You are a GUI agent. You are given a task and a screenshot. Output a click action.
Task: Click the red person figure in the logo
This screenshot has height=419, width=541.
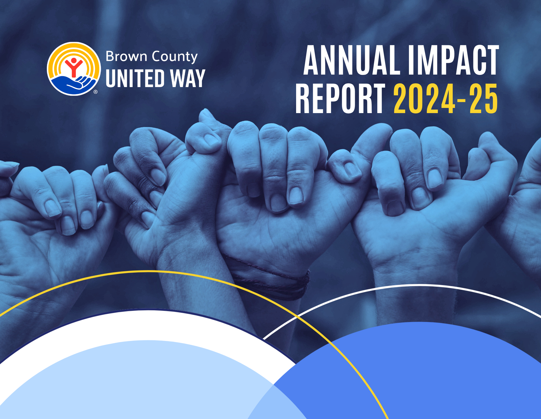point(73,67)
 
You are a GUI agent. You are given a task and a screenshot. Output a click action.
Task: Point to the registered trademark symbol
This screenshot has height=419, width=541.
point(96,92)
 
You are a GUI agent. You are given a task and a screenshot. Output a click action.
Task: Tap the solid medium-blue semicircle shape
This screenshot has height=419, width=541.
point(433,374)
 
